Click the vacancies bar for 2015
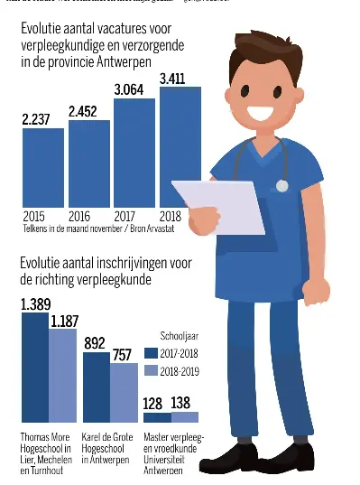[x=42, y=168]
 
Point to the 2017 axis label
[x=125, y=217]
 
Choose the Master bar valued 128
[x=156, y=417]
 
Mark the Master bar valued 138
[x=184, y=417]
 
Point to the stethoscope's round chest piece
[x=282, y=185]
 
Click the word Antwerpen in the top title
[x=123, y=61]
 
